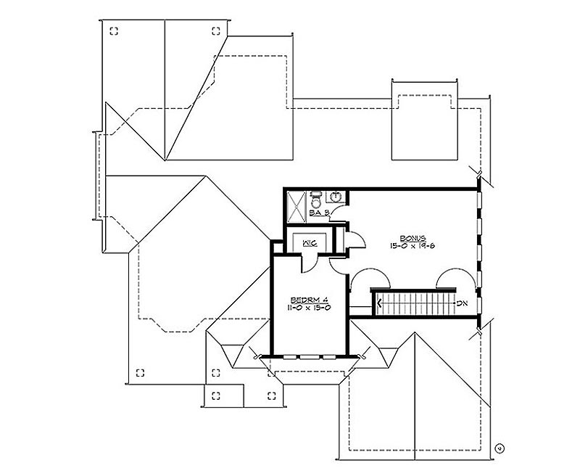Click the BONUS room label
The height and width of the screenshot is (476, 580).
tap(413, 239)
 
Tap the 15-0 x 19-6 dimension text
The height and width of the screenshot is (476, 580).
tap(413, 245)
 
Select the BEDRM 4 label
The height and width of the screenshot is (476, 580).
tap(310, 300)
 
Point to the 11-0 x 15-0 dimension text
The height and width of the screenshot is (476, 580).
tap(310, 307)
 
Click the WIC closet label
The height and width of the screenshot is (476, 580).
tap(310, 243)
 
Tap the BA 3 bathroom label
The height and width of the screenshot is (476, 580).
tap(318, 213)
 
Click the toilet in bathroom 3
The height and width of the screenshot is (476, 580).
tap(316, 200)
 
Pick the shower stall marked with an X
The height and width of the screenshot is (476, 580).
tap(297, 208)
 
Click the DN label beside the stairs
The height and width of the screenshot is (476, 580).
tap(462, 303)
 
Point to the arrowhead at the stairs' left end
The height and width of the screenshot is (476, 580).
tap(379, 303)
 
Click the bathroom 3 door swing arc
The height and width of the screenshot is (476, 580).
tap(338, 213)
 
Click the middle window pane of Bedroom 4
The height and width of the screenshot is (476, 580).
tap(310, 357)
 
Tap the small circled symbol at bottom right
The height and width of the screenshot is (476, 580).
tap(500, 448)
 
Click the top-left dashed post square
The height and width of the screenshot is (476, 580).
tap(115, 31)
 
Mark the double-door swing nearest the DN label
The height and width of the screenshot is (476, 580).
tap(455, 278)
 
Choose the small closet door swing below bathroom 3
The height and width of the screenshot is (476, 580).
tap(356, 239)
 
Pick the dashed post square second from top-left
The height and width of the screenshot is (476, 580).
tap(216, 30)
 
